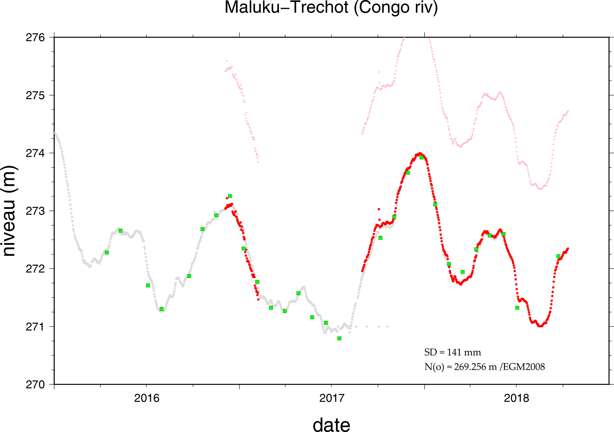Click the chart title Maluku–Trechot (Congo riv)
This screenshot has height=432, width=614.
coord(331,8)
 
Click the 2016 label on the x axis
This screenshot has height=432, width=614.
coord(147,398)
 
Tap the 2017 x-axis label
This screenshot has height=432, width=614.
coord(332,398)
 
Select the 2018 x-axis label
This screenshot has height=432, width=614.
coord(517,398)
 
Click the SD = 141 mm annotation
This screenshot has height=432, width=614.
coord(452,353)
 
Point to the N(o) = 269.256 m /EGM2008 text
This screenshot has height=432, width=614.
coord(484,367)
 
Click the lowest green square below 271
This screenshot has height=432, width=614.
coord(339,338)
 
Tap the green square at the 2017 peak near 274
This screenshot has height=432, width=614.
coord(421,157)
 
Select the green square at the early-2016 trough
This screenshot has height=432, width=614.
coord(162,309)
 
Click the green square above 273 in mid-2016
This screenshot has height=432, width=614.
coord(230,196)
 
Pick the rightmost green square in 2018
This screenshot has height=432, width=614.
coord(558,256)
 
